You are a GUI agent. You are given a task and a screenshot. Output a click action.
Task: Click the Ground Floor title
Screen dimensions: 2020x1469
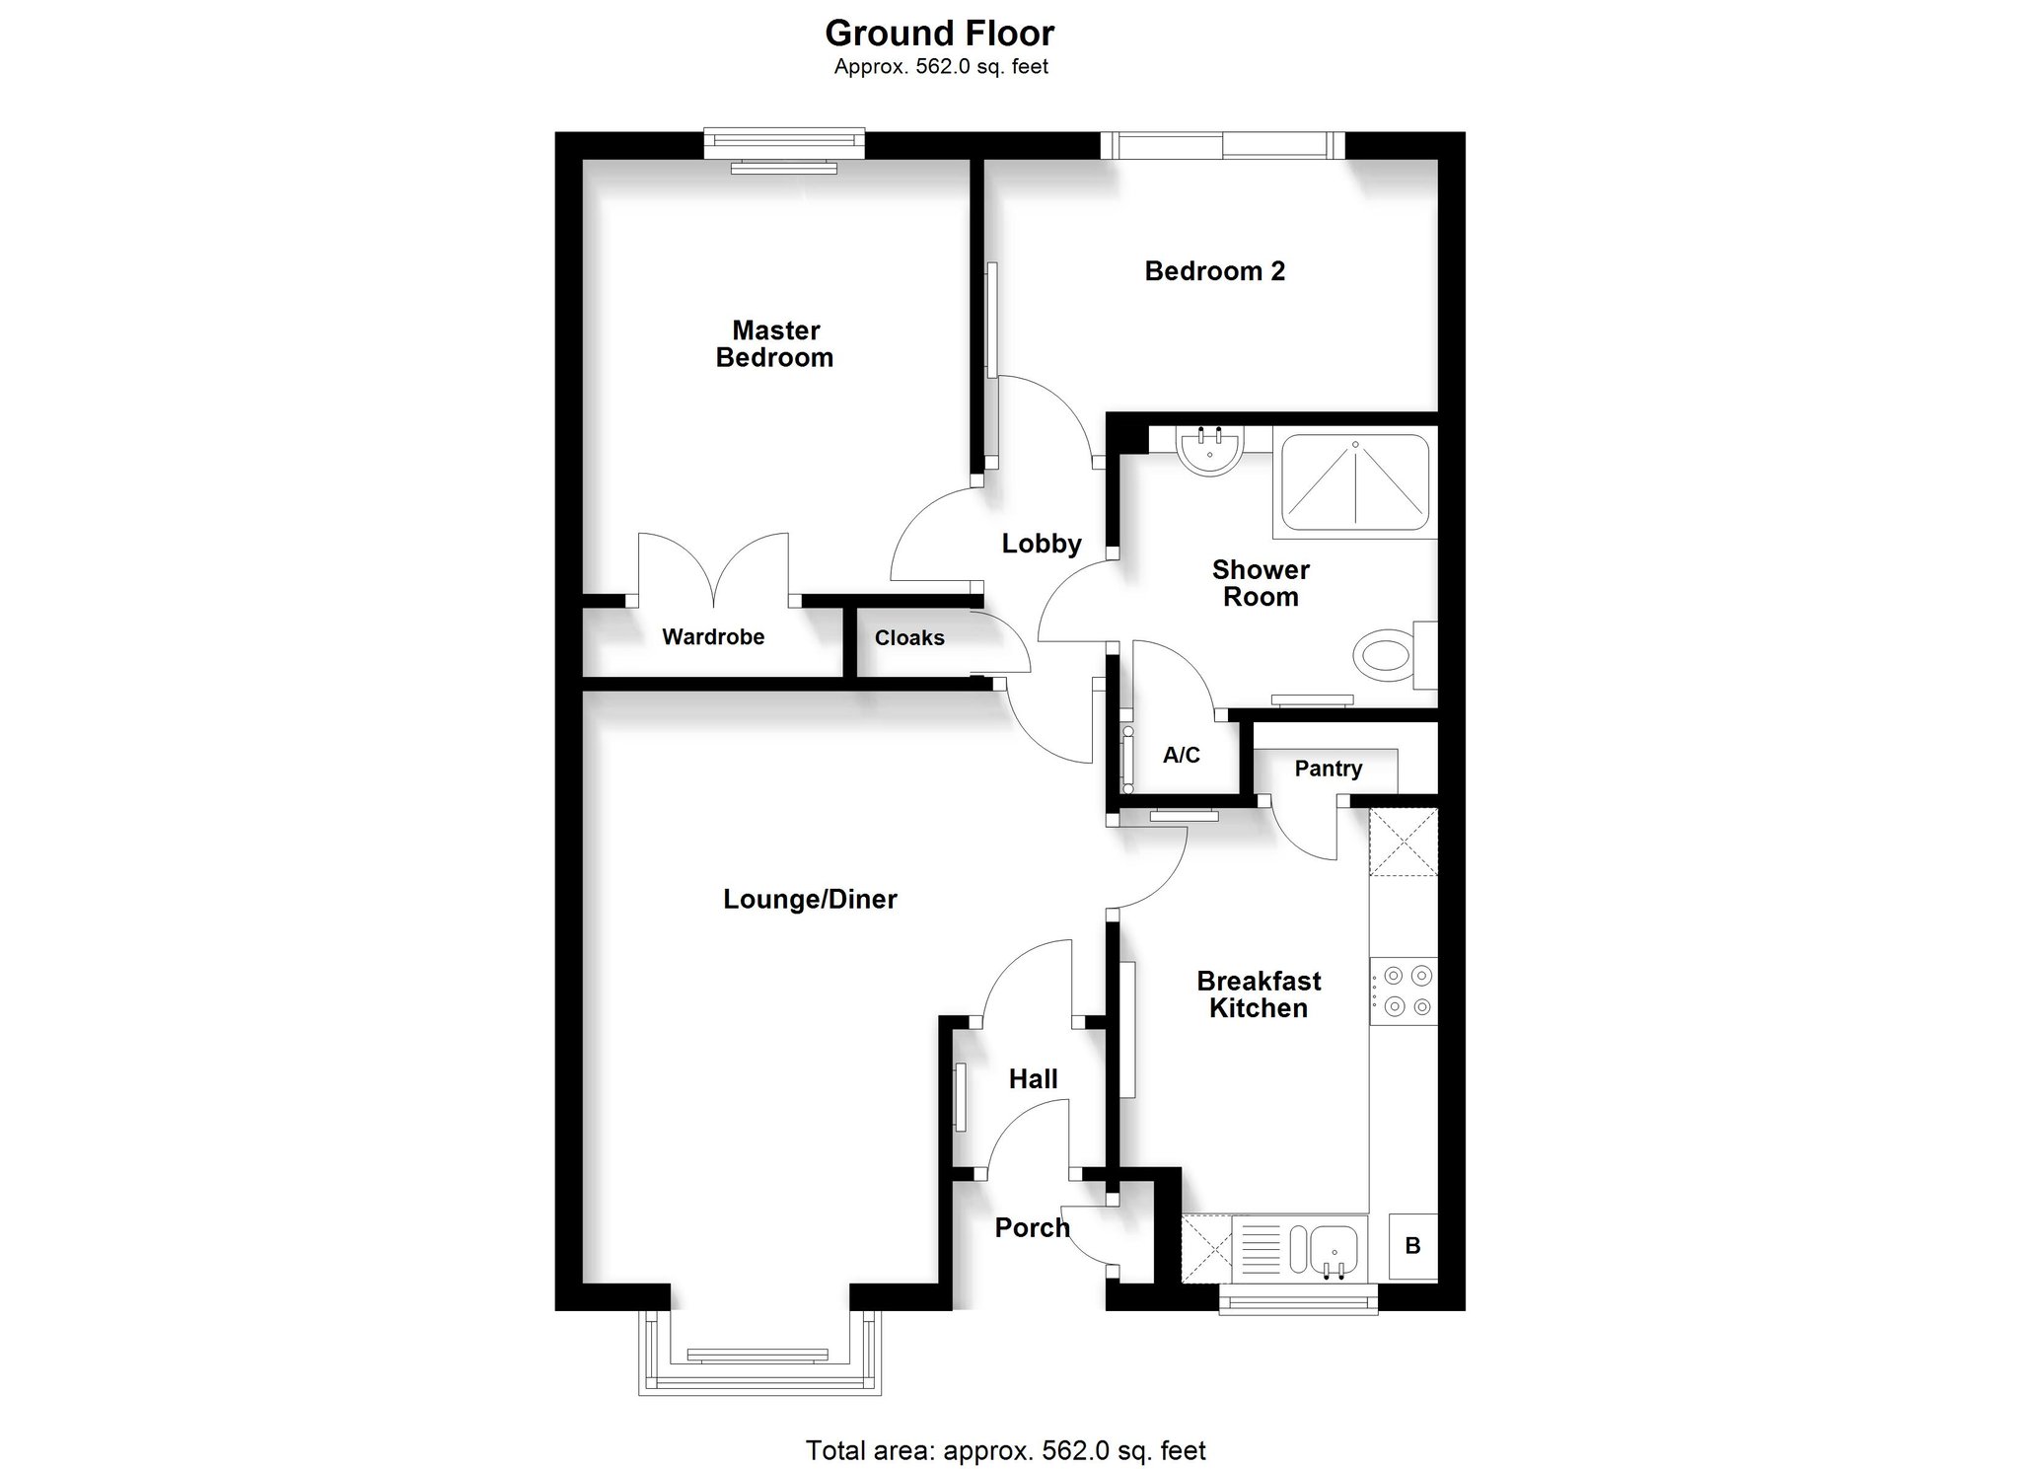point(939,34)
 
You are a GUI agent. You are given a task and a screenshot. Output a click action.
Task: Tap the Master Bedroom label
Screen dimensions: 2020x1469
point(775,343)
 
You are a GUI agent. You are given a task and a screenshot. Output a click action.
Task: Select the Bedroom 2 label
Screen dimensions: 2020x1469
point(1214,271)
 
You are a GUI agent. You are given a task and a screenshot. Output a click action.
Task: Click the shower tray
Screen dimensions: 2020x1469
point(1355,482)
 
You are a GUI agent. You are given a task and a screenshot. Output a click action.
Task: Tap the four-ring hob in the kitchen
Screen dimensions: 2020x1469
point(1404,992)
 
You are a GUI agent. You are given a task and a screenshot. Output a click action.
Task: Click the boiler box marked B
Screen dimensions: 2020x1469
point(1413,1246)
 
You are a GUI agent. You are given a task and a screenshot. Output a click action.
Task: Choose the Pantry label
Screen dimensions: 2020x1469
point(1329,769)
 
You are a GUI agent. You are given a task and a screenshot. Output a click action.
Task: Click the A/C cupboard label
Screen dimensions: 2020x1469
point(1182,756)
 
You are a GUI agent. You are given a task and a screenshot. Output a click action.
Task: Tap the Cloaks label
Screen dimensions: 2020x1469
point(909,638)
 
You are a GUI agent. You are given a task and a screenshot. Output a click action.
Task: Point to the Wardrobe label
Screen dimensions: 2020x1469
point(713,637)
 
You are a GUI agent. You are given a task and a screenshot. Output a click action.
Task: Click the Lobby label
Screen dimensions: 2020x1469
point(1042,544)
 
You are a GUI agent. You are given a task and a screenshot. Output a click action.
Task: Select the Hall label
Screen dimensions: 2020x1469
point(1033,1079)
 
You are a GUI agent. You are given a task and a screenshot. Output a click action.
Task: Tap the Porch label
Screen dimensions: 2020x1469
point(1032,1228)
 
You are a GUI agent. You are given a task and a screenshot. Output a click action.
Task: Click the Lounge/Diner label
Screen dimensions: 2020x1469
point(810,900)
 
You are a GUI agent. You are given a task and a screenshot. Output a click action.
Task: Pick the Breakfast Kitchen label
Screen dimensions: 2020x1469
point(1259,994)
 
